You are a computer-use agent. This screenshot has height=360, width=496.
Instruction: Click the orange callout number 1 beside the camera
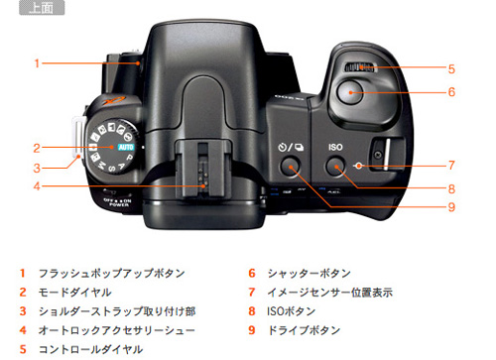click(36, 62)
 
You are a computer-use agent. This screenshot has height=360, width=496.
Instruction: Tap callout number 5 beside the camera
click(450, 69)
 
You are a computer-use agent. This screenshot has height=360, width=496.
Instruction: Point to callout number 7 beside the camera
click(450, 165)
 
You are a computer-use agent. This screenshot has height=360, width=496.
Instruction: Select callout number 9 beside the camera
click(450, 207)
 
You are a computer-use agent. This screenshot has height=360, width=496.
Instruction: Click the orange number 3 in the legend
click(22, 310)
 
